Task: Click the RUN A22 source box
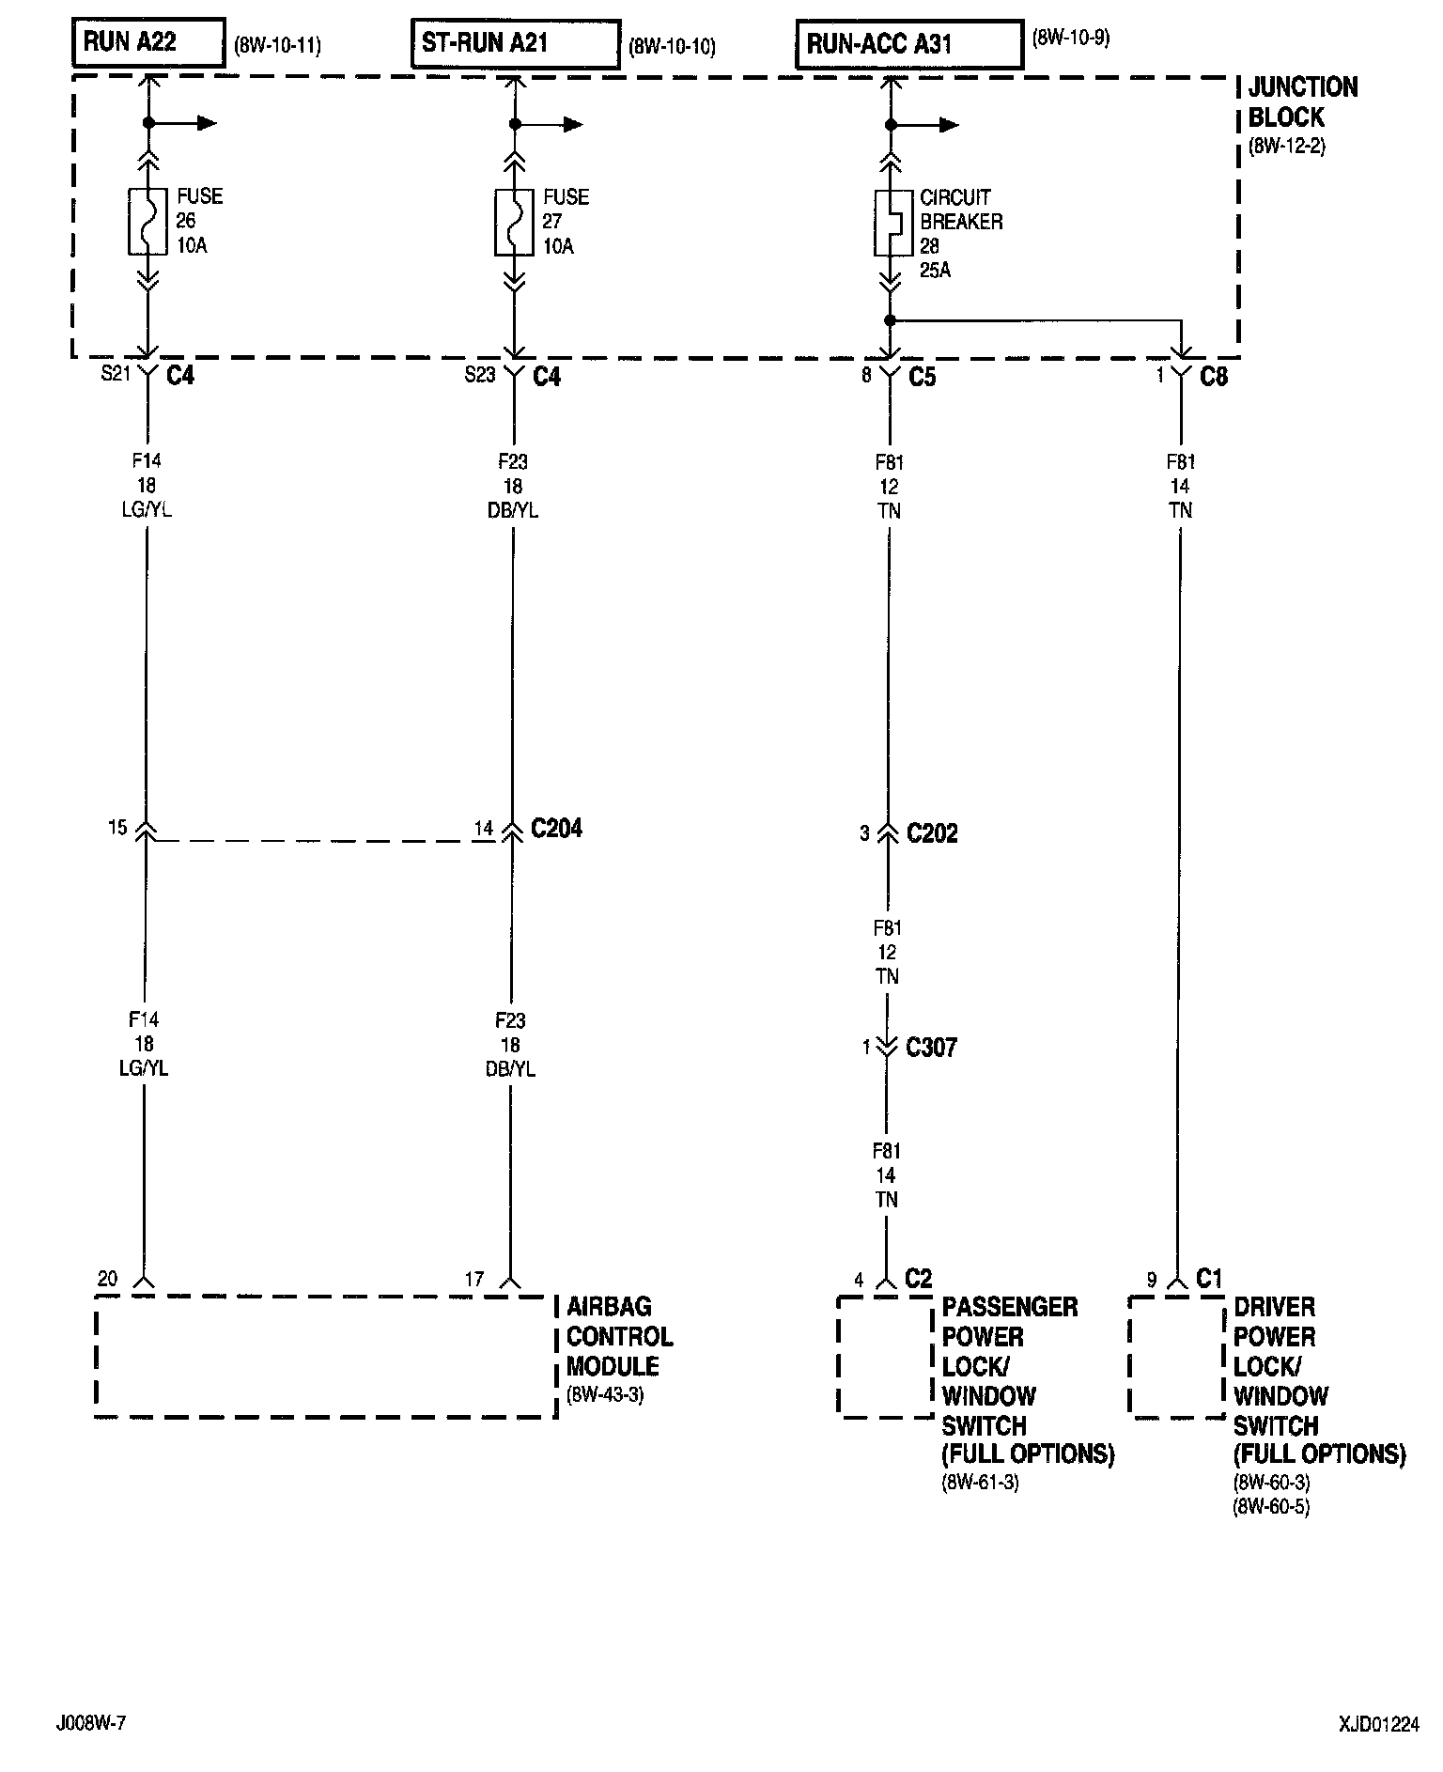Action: (148, 42)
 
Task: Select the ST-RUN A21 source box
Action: (515, 44)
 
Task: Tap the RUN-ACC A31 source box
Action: (908, 45)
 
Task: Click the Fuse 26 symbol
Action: (147, 222)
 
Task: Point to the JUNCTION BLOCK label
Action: (1302, 102)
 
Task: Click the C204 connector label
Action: (556, 829)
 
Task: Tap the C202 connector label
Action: (932, 833)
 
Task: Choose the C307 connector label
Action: (931, 1048)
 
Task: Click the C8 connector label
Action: (1214, 378)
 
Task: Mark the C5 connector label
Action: (923, 378)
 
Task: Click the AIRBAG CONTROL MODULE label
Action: (619, 1336)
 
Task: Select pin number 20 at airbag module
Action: (108, 1279)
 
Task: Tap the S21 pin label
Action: (115, 375)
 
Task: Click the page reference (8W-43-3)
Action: (605, 1395)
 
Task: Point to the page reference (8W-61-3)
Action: (981, 1484)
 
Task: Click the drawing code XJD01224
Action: (1379, 1724)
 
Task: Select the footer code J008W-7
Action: (91, 1723)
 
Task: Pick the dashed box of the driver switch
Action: (1177, 1358)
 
